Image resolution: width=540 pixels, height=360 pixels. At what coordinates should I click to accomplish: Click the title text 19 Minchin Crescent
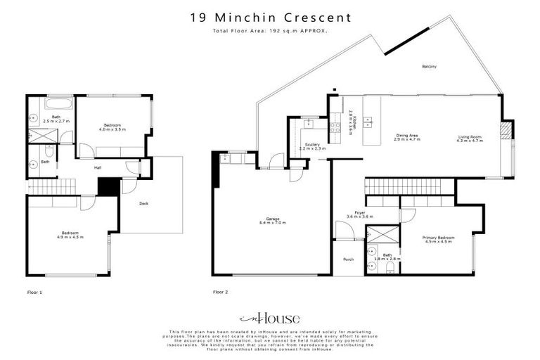(x=269, y=16)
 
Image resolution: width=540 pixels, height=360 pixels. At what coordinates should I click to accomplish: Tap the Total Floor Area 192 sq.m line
(x=269, y=32)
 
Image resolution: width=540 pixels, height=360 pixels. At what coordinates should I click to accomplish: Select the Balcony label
(x=429, y=67)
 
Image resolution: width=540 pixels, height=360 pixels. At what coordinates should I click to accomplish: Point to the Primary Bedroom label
(x=438, y=238)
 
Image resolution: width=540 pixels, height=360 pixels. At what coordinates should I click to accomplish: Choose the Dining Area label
(x=407, y=137)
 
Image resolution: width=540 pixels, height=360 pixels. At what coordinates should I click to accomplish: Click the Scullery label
(x=312, y=145)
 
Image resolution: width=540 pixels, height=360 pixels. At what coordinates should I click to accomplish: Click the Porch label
(x=347, y=259)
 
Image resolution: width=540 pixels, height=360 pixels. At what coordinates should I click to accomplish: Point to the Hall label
(x=98, y=168)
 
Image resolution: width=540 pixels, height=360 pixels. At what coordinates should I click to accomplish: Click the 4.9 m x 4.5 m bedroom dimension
(x=70, y=237)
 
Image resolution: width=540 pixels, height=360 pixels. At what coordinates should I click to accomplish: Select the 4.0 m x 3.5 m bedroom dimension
(x=112, y=129)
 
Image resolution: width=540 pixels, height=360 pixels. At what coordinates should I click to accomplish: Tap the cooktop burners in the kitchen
(x=335, y=128)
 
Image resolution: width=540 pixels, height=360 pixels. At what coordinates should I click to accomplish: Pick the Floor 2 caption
(x=221, y=291)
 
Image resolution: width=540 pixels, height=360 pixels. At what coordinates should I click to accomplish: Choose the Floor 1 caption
(x=34, y=291)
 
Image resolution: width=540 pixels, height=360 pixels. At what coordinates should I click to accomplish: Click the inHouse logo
(x=269, y=318)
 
